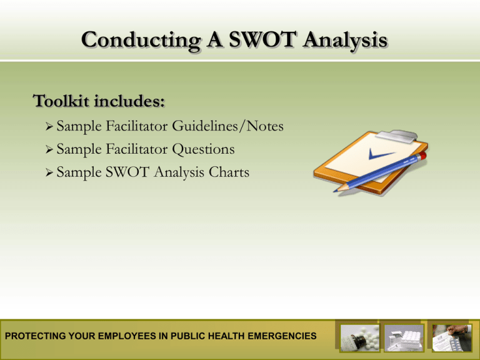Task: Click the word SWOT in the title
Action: (x=263, y=39)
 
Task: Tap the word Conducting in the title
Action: (x=141, y=41)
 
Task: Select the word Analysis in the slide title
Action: (x=345, y=41)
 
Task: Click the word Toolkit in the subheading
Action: (x=61, y=101)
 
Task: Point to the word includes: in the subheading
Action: (x=129, y=101)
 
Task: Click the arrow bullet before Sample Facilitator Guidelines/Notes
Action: (x=49, y=126)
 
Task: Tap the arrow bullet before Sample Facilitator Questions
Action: (x=49, y=149)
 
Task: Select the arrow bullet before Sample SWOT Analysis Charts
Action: (x=49, y=172)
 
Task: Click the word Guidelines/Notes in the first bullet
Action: (x=227, y=126)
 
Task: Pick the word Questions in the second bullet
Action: (x=203, y=150)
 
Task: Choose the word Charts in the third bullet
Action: (x=229, y=172)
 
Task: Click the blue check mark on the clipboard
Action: (x=380, y=154)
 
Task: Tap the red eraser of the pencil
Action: (x=422, y=156)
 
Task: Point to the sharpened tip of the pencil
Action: (x=336, y=191)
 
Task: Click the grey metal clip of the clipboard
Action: (x=397, y=136)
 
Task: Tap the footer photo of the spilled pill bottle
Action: (x=360, y=338)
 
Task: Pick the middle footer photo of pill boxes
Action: (x=404, y=338)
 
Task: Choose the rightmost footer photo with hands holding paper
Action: (x=452, y=338)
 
